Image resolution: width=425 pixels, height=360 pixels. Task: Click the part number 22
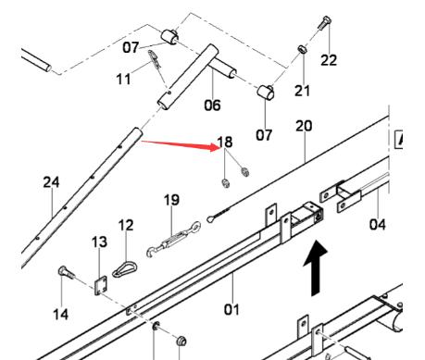(329, 61)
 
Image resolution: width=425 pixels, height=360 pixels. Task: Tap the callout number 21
(303, 90)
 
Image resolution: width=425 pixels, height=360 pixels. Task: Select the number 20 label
(304, 126)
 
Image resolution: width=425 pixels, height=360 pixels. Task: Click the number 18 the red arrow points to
(225, 143)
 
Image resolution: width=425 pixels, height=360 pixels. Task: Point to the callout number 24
(51, 182)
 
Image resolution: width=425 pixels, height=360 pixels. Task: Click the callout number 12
(126, 224)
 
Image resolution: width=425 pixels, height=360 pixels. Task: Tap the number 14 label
(60, 314)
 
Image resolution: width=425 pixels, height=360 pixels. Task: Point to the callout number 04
(377, 223)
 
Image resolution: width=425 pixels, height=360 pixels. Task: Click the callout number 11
(123, 80)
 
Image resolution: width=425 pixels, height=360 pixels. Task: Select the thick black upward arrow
(316, 265)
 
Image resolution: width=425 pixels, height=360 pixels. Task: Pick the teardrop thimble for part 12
(123, 266)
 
